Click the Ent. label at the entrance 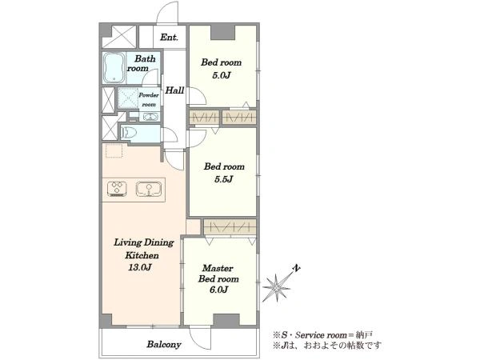pyautogui.click(x=169, y=38)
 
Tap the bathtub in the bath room pyautogui.click(x=114, y=68)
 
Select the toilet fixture pyautogui.click(x=129, y=133)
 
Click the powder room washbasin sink pyautogui.click(x=150, y=117)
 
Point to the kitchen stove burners pyautogui.click(x=117, y=189)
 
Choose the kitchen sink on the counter pyautogui.click(x=149, y=189)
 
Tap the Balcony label pyautogui.click(x=164, y=344)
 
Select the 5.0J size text pyautogui.click(x=221, y=75)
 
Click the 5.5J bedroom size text pyautogui.click(x=224, y=179)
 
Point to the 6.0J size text pyautogui.click(x=218, y=290)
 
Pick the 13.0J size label pyautogui.click(x=139, y=267)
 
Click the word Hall pyautogui.click(x=174, y=90)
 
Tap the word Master pyautogui.click(x=218, y=269)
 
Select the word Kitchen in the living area pyautogui.click(x=142, y=255)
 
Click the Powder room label pyautogui.click(x=149, y=100)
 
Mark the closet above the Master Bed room pyautogui.click(x=230, y=227)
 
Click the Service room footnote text pyautogui.click(x=322, y=334)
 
